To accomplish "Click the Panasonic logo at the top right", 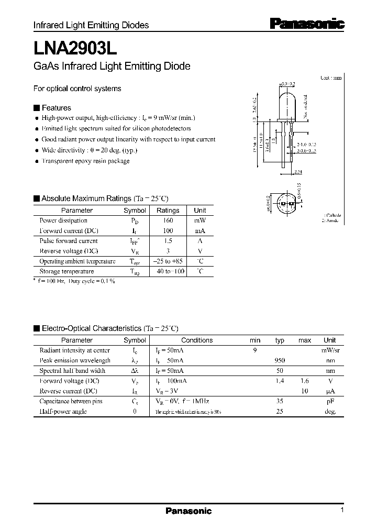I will (307, 24).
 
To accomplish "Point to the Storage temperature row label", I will (66, 271).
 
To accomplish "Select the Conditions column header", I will (197, 340).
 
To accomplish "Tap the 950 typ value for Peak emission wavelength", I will (279, 360).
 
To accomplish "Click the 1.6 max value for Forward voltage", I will (304, 381).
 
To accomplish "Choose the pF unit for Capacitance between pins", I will (329, 401).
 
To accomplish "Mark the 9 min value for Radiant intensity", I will (255, 350).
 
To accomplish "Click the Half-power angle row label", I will (63, 411).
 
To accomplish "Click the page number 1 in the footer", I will (341, 510).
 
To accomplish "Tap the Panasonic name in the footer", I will (188, 511).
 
